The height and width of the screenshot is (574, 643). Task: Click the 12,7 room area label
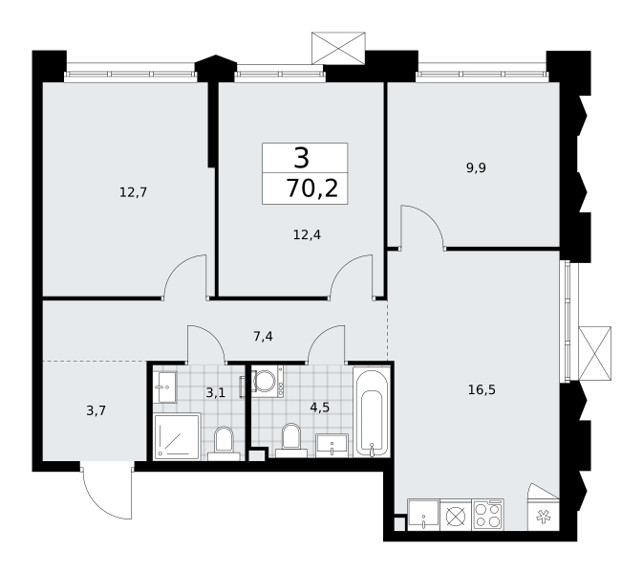pyautogui.click(x=133, y=192)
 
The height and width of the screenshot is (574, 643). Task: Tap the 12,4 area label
pyautogui.click(x=307, y=234)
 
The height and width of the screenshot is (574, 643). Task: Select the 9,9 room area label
pyautogui.click(x=476, y=168)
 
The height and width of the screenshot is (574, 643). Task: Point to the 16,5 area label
pyautogui.click(x=482, y=389)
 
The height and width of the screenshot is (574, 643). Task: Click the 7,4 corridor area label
pyautogui.click(x=263, y=337)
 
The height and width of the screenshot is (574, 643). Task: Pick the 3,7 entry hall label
pyautogui.click(x=96, y=410)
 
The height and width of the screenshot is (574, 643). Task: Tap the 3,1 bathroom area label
pyautogui.click(x=216, y=393)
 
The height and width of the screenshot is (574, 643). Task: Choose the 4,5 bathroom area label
pyautogui.click(x=320, y=408)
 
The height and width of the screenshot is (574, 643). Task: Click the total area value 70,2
pyautogui.click(x=312, y=188)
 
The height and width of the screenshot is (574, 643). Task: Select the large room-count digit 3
pyautogui.click(x=301, y=159)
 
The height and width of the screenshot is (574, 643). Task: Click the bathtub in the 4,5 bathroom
pyautogui.click(x=372, y=411)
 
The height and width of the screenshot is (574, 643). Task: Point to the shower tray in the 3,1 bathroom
pyautogui.click(x=177, y=437)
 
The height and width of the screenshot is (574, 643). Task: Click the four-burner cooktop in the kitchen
pyautogui.click(x=488, y=515)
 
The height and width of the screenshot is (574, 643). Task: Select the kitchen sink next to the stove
pyautogui.click(x=423, y=515)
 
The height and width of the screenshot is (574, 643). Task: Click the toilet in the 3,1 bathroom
pyautogui.click(x=224, y=444)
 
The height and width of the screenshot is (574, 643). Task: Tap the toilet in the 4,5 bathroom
pyautogui.click(x=291, y=441)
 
